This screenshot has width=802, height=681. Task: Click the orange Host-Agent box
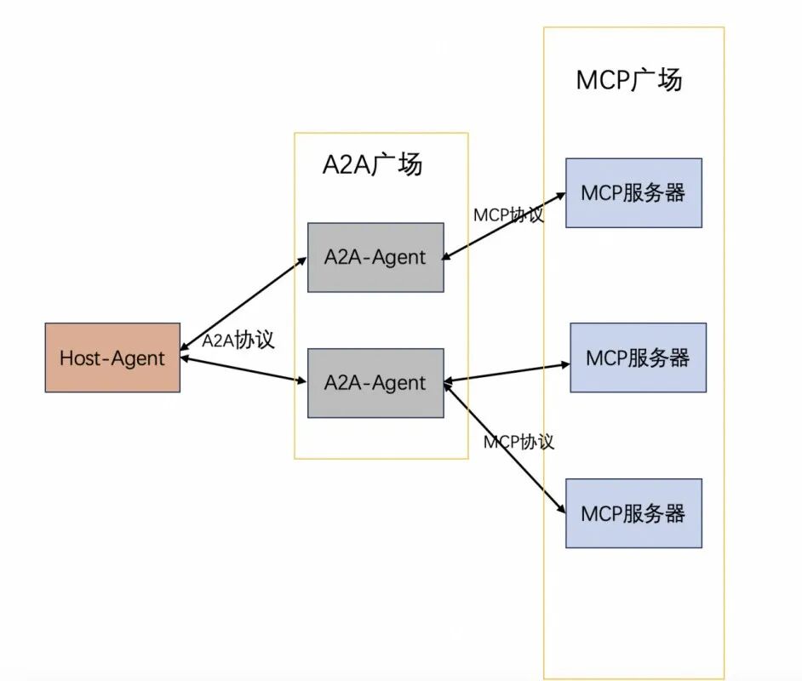point(112,358)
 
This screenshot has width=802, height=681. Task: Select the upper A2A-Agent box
point(375,257)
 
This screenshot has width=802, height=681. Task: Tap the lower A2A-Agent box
point(375,382)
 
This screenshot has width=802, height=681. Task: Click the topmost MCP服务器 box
point(633,192)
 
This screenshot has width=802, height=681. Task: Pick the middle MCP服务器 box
point(638,358)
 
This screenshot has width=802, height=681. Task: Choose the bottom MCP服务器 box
point(633,513)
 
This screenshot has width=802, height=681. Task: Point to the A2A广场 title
point(372,164)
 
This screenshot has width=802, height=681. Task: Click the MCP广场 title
point(629,80)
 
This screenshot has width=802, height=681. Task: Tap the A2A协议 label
point(238,340)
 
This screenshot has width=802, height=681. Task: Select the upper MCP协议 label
point(508,215)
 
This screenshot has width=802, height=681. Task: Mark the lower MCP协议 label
point(518,442)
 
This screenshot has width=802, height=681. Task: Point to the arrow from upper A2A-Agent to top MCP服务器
point(504,226)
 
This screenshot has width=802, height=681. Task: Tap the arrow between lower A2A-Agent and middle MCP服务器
point(507,374)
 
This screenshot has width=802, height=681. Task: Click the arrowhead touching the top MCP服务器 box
point(560,196)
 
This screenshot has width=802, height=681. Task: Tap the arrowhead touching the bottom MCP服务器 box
point(561,509)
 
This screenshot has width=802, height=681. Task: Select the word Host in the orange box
point(78,358)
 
